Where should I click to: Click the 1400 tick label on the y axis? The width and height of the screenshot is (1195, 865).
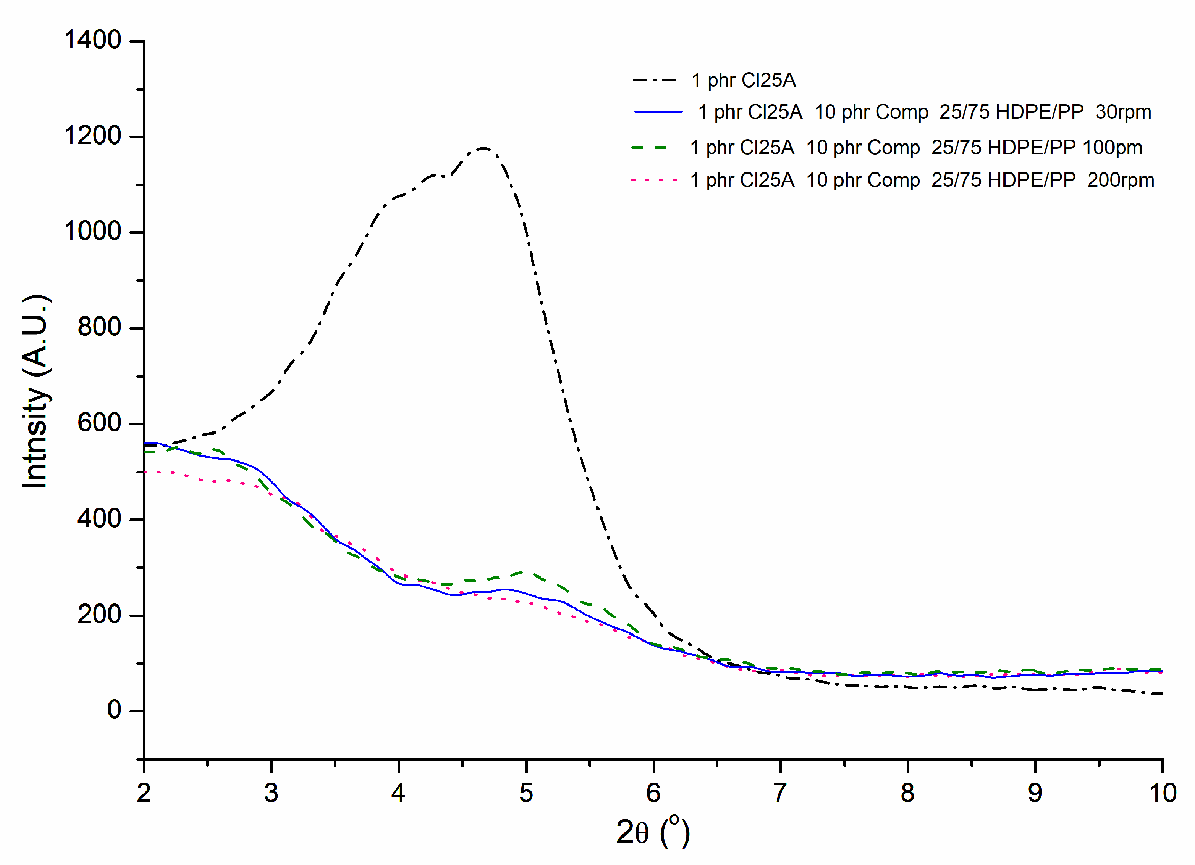click(x=93, y=40)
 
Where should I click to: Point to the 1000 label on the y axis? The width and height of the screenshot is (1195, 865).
click(x=93, y=232)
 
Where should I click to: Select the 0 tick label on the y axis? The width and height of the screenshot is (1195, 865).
click(x=114, y=710)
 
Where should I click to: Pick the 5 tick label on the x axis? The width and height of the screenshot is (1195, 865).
click(x=526, y=793)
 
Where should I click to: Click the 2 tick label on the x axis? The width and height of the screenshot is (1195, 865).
click(x=144, y=793)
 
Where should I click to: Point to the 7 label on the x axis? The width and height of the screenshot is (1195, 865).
click(x=780, y=793)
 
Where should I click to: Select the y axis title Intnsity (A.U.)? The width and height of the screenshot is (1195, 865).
click(x=36, y=391)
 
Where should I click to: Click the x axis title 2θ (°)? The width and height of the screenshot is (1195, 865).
click(x=653, y=832)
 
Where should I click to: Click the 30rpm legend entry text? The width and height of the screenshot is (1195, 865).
click(x=924, y=112)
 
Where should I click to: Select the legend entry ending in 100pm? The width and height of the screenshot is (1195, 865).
click(x=916, y=148)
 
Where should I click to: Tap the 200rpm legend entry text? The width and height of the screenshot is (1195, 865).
click(x=922, y=181)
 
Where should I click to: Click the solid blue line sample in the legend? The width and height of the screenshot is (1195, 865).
click(x=658, y=112)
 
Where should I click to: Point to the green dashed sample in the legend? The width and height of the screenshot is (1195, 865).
click(x=649, y=148)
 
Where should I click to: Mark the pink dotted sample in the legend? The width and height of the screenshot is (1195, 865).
click(x=655, y=181)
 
